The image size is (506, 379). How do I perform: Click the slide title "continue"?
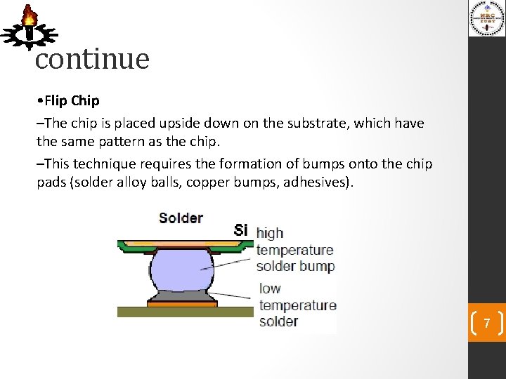coord(92,59)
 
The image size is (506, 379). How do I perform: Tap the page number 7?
coord(485,324)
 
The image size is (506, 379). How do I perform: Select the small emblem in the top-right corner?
coord(487,18)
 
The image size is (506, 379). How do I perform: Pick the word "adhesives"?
coord(318,182)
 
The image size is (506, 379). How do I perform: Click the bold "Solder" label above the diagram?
coord(181,218)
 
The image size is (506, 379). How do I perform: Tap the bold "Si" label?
coord(241,230)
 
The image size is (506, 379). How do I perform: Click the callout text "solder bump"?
coord(295,266)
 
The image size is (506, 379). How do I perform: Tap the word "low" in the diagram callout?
coord(270,288)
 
